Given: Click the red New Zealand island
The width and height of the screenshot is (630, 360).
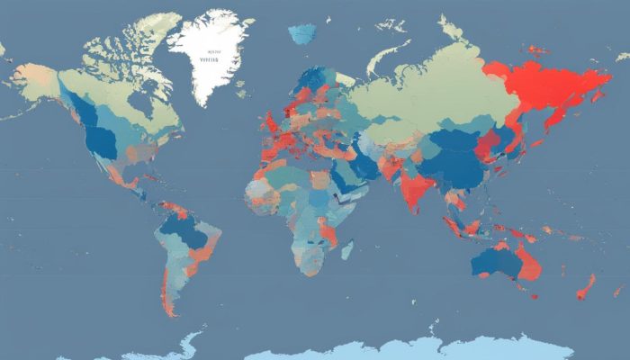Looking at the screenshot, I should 586,287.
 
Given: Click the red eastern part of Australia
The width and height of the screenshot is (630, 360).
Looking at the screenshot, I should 526,262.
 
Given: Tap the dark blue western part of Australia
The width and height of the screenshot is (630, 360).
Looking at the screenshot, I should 490,262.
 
